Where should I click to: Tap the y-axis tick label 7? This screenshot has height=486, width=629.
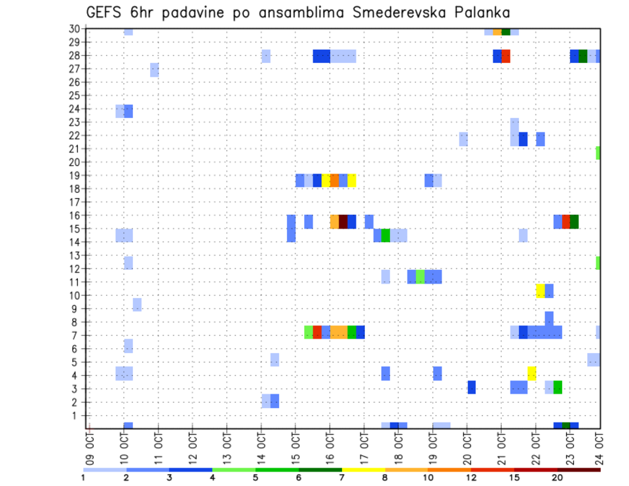(77, 335)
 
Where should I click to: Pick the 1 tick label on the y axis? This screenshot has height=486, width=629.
(77, 415)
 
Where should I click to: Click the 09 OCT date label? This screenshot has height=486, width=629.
(90, 443)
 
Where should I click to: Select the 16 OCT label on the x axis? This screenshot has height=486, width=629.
(330, 443)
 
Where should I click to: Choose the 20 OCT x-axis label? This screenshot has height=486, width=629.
(467, 443)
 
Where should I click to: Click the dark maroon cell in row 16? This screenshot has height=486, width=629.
(343, 221)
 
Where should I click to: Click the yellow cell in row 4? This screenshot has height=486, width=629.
(531, 373)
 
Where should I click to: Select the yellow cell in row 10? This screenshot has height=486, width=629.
(540, 291)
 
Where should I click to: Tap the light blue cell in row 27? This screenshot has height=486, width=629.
(154, 69)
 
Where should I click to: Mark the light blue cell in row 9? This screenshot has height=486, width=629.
(137, 305)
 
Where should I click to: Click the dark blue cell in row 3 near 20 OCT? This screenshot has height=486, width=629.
(471, 387)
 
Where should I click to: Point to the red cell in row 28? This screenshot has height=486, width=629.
(505, 56)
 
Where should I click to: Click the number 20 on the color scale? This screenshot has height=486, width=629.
(558, 477)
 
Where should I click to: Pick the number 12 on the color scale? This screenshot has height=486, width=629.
(472, 477)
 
